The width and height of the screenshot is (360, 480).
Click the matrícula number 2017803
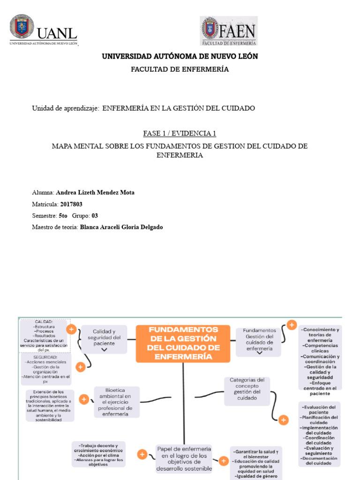click(71, 204)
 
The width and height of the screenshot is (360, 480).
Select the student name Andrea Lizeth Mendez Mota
click(95, 193)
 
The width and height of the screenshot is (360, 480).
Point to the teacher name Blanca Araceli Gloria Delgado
click(121, 227)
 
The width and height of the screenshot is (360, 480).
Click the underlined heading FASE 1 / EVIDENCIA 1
click(180, 133)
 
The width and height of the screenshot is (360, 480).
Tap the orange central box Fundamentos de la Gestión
click(183, 343)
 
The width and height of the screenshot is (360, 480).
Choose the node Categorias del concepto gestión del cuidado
click(247, 389)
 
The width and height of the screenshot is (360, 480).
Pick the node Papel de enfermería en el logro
click(184, 458)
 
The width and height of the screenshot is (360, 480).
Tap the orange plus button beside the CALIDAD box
click(71, 330)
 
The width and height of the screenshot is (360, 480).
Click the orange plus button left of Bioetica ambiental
click(84, 399)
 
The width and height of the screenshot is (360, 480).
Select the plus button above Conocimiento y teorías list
click(291, 324)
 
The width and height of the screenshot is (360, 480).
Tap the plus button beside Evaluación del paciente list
click(283, 420)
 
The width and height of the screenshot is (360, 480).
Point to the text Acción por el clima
click(98, 455)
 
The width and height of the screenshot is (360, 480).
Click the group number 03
click(95, 216)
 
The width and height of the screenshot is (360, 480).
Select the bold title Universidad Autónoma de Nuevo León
click(180, 56)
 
